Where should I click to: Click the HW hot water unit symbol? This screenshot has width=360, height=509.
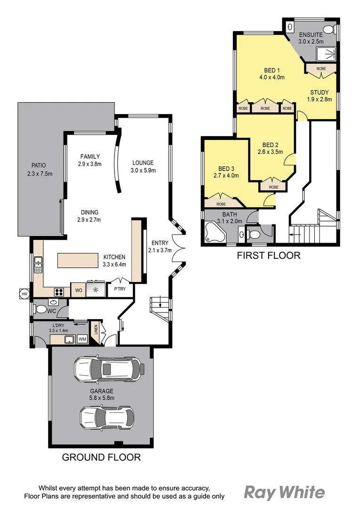[23, 294]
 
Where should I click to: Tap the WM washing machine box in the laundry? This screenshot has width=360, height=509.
[82, 339]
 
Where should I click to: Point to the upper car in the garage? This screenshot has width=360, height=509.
[108, 369]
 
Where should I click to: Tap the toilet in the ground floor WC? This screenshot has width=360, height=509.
[41, 310]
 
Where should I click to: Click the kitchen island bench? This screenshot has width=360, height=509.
[78, 261]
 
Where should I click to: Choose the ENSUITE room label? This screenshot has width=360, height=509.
[310, 35]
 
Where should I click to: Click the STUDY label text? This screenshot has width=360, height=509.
[319, 92]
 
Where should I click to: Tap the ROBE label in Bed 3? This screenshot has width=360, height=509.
[221, 204]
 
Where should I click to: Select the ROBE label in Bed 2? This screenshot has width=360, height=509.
[274, 187]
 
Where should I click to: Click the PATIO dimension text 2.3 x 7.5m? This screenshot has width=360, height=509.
[40, 173]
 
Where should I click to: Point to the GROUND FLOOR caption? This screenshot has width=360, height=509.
[101, 457]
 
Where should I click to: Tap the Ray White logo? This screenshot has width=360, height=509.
[284, 493]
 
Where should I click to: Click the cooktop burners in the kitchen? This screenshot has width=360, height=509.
[60, 291]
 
